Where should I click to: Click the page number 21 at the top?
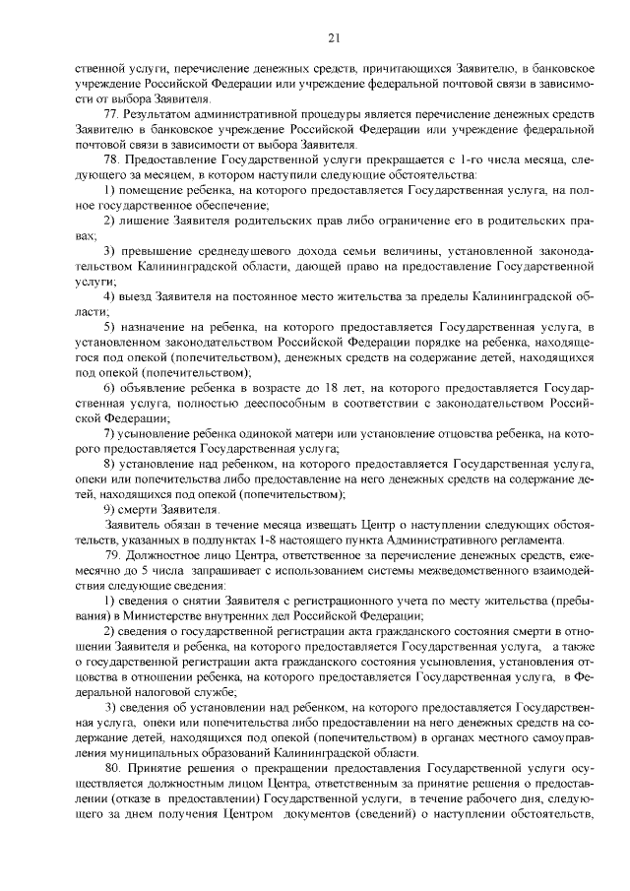[333, 37]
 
